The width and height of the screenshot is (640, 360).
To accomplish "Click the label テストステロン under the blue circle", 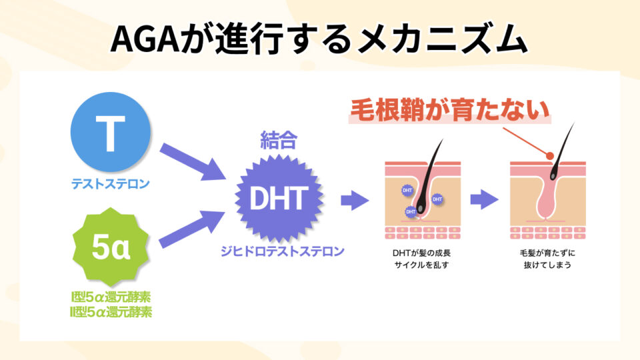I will (x=110, y=183).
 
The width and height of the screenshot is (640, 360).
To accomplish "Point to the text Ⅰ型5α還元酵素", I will (x=111, y=297).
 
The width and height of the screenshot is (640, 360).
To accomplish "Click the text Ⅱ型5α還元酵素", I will (x=111, y=311).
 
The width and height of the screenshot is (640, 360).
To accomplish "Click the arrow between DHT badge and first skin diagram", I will (x=355, y=199).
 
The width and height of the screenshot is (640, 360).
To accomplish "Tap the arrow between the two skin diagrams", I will (x=484, y=199).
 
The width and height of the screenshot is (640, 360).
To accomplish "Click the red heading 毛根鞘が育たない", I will (x=451, y=110).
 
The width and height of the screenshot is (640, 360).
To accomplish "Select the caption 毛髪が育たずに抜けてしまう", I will (x=546, y=259).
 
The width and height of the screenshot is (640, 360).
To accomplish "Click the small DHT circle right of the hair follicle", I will (x=437, y=199).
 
